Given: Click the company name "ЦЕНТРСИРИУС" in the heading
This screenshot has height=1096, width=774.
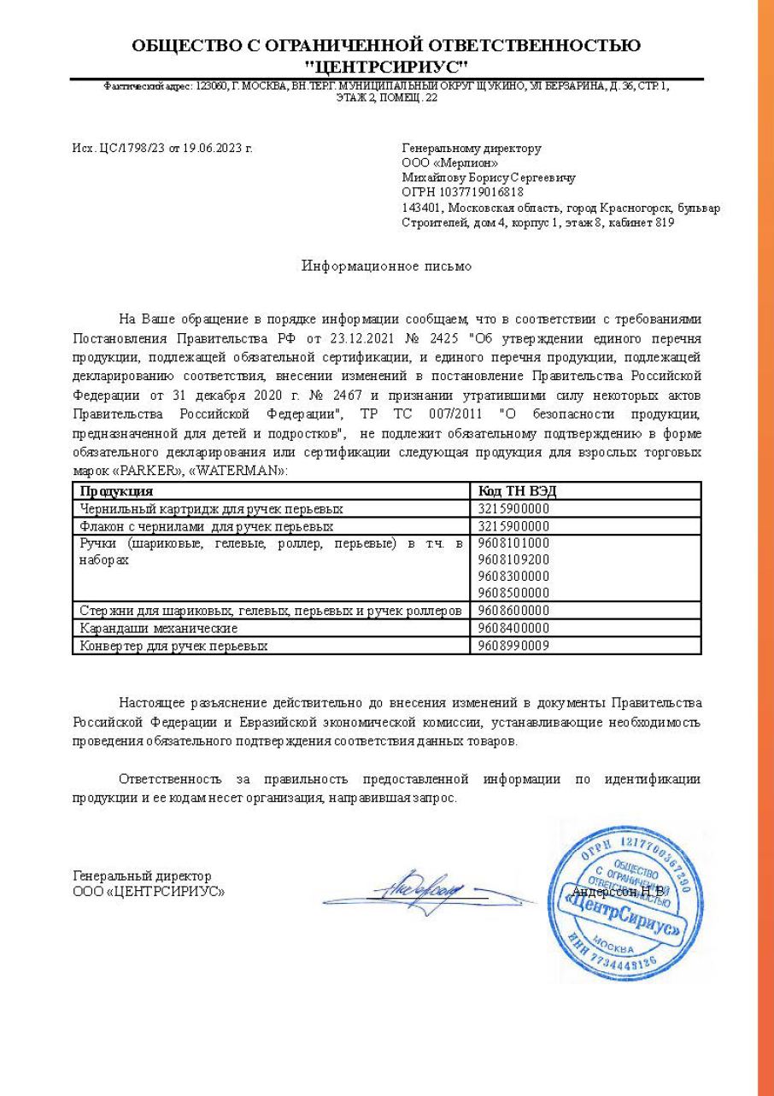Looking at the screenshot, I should [386, 67].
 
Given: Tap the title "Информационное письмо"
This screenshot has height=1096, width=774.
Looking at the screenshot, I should [386, 266].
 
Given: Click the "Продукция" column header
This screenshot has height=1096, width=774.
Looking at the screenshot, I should [116, 491].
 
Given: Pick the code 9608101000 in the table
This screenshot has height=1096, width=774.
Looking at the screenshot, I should [513, 542].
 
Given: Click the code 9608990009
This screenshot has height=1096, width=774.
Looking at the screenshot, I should [513, 646].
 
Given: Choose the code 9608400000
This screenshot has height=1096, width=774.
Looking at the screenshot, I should [513, 628].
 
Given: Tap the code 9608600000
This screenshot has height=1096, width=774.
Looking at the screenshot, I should [513, 610].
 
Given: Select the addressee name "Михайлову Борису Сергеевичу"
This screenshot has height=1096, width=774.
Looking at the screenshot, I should [488, 178].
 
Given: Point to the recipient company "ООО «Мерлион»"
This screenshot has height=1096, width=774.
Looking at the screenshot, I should [450, 163].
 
